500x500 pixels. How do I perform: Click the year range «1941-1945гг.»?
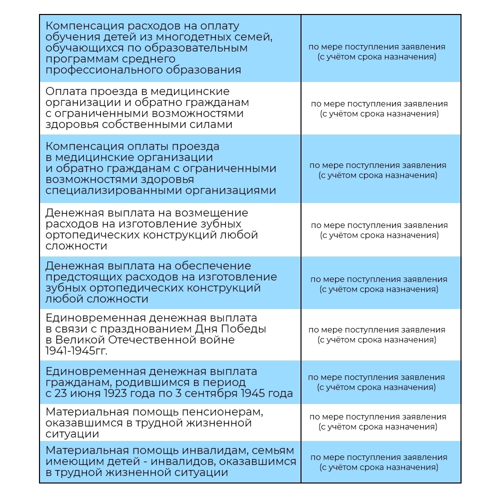pos(76,351)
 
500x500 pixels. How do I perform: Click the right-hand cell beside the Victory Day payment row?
pos(376,334)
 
